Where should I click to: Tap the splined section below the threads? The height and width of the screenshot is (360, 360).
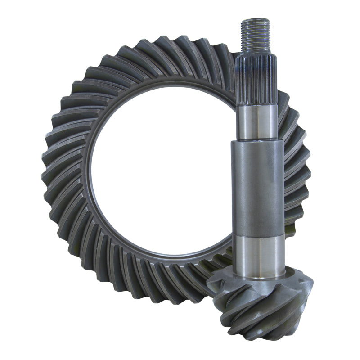[256, 81]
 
